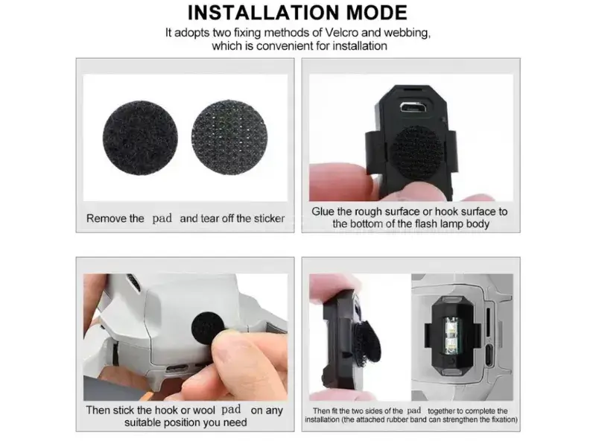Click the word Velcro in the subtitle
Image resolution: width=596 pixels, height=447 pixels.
[340, 33]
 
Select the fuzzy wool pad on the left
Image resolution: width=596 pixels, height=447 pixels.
[140, 139]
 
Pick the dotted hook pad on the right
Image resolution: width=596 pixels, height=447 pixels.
[229, 137]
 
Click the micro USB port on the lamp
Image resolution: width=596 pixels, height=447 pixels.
[411, 107]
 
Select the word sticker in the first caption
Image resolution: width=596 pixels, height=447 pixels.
[270, 218]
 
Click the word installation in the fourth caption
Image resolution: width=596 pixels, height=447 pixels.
[323, 420]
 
